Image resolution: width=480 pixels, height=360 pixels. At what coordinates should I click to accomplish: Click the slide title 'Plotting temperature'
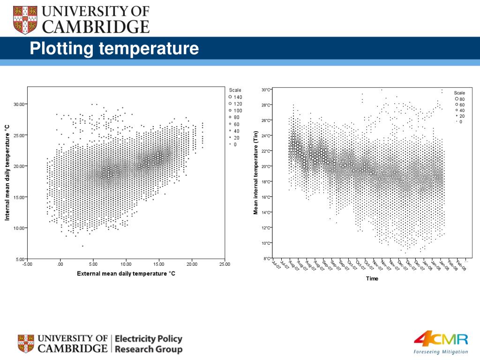115,48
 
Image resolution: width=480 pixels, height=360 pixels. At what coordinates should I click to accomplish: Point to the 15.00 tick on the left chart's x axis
159,264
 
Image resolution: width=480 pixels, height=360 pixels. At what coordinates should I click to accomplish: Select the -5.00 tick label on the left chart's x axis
27,264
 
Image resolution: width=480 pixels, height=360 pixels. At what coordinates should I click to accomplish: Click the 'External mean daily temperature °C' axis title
126,274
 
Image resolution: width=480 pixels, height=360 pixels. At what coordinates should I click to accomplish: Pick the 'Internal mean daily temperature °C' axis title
7,172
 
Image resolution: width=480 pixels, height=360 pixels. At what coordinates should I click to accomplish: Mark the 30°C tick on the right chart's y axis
266,90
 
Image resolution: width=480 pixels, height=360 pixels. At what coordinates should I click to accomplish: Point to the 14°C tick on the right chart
266,213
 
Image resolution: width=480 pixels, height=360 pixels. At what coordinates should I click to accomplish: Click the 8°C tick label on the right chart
267,259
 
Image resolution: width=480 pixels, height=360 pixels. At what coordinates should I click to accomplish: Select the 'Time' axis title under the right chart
372,279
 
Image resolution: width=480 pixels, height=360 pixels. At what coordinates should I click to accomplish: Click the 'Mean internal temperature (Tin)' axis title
256,173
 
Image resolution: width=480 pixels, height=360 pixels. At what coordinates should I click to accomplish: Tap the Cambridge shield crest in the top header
24,20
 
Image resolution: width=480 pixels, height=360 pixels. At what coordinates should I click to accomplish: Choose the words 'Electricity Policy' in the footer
149,338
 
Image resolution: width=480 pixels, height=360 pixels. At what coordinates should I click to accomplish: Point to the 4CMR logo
441,339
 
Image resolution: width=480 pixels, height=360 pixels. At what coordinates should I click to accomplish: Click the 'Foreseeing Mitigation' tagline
441,352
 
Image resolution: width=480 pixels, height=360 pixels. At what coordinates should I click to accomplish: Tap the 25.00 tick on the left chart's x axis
225,264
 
